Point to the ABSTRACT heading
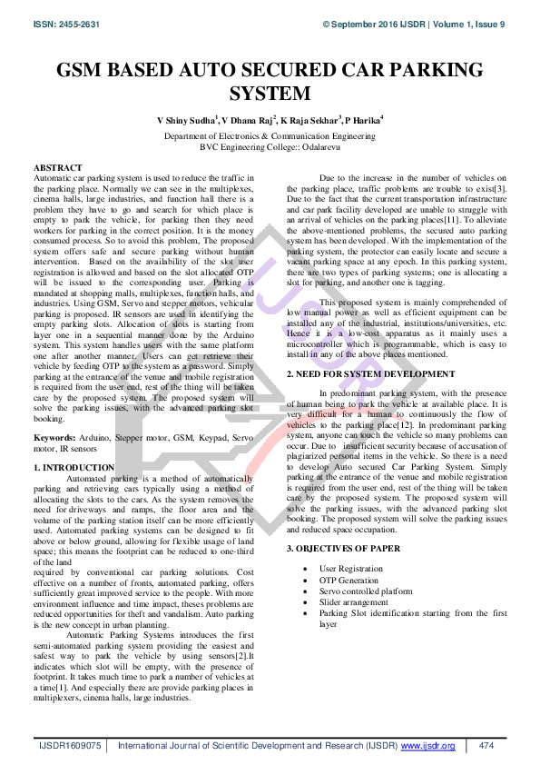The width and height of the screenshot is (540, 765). [x=58, y=168]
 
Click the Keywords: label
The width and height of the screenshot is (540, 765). [x=55, y=436]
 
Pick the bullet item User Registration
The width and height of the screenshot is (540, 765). [x=351, y=569]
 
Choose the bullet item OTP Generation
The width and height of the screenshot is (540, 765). [x=349, y=580]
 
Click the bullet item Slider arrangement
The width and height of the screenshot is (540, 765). [x=354, y=601]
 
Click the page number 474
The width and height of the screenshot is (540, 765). [x=486, y=745]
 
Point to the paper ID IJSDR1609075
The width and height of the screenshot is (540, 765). [x=69, y=745]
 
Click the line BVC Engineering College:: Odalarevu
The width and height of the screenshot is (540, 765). [x=270, y=145]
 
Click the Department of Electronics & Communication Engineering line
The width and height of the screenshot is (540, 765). [x=270, y=135]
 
